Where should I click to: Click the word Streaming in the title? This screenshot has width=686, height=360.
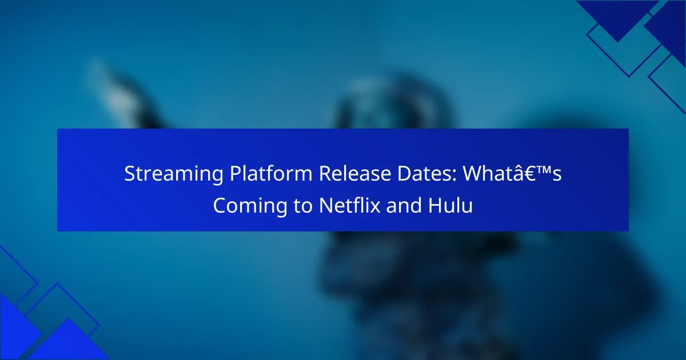(x=174, y=174)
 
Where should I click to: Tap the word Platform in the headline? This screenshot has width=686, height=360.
(x=271, y=173)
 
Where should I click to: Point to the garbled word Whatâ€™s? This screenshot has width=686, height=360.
(x=512, y=173)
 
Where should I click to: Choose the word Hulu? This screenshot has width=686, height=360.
(x=450, y=205)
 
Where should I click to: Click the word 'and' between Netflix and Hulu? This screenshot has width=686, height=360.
(x=404, y=205)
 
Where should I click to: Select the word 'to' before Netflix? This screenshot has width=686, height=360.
(x=303, y=206)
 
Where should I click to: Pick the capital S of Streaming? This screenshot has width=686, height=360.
(x=130, y=174)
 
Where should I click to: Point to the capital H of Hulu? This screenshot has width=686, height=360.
(x=435, y=205)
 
